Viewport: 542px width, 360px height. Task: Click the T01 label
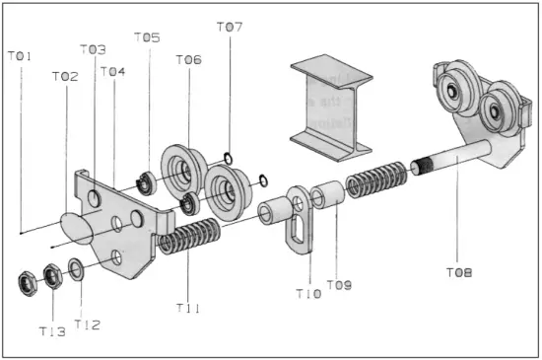[x=20, y=56]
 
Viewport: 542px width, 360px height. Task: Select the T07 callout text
[x=229, y=27]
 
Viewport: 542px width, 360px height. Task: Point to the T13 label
[x=51, y=331]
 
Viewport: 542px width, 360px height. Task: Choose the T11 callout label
[x=189, y=309]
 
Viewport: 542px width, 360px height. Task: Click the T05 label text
[x=147, y=37]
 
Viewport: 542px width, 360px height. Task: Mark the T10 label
[x=308, y=293]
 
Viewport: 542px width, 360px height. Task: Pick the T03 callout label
[x=93, y=49]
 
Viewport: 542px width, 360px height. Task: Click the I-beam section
[x=330, y=104]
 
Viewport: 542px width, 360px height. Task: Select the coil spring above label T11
[x=189, y=238]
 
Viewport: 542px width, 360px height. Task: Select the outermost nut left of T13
[x=26, y=283]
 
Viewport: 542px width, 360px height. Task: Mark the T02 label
[x=65, y=77]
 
